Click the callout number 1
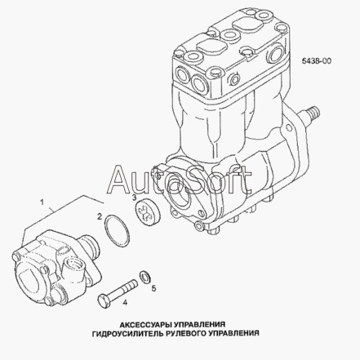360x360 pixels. pyautogui.click(x=42, y=202)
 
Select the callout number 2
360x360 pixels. pyautogui.click(x=100, y=216)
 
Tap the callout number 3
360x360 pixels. pyautogui.click(x=134, y=198)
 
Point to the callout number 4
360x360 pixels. pyautogui.click(x=125, y=302)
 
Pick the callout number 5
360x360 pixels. pyautogui.click(x=153, y=288)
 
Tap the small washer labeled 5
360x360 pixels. pyautogui.click(x=144, y=277)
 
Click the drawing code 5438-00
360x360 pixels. pyautogui.click(x=317, y=61)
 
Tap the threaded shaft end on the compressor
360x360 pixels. pyautogui.click(x=312, y=113)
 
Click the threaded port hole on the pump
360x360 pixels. pyautogui.click(x=74, y=263)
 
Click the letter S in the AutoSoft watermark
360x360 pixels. pyautogui.click(x=201, y=180)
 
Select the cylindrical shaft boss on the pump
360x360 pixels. pyautogui.click(x=91, y=246)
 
